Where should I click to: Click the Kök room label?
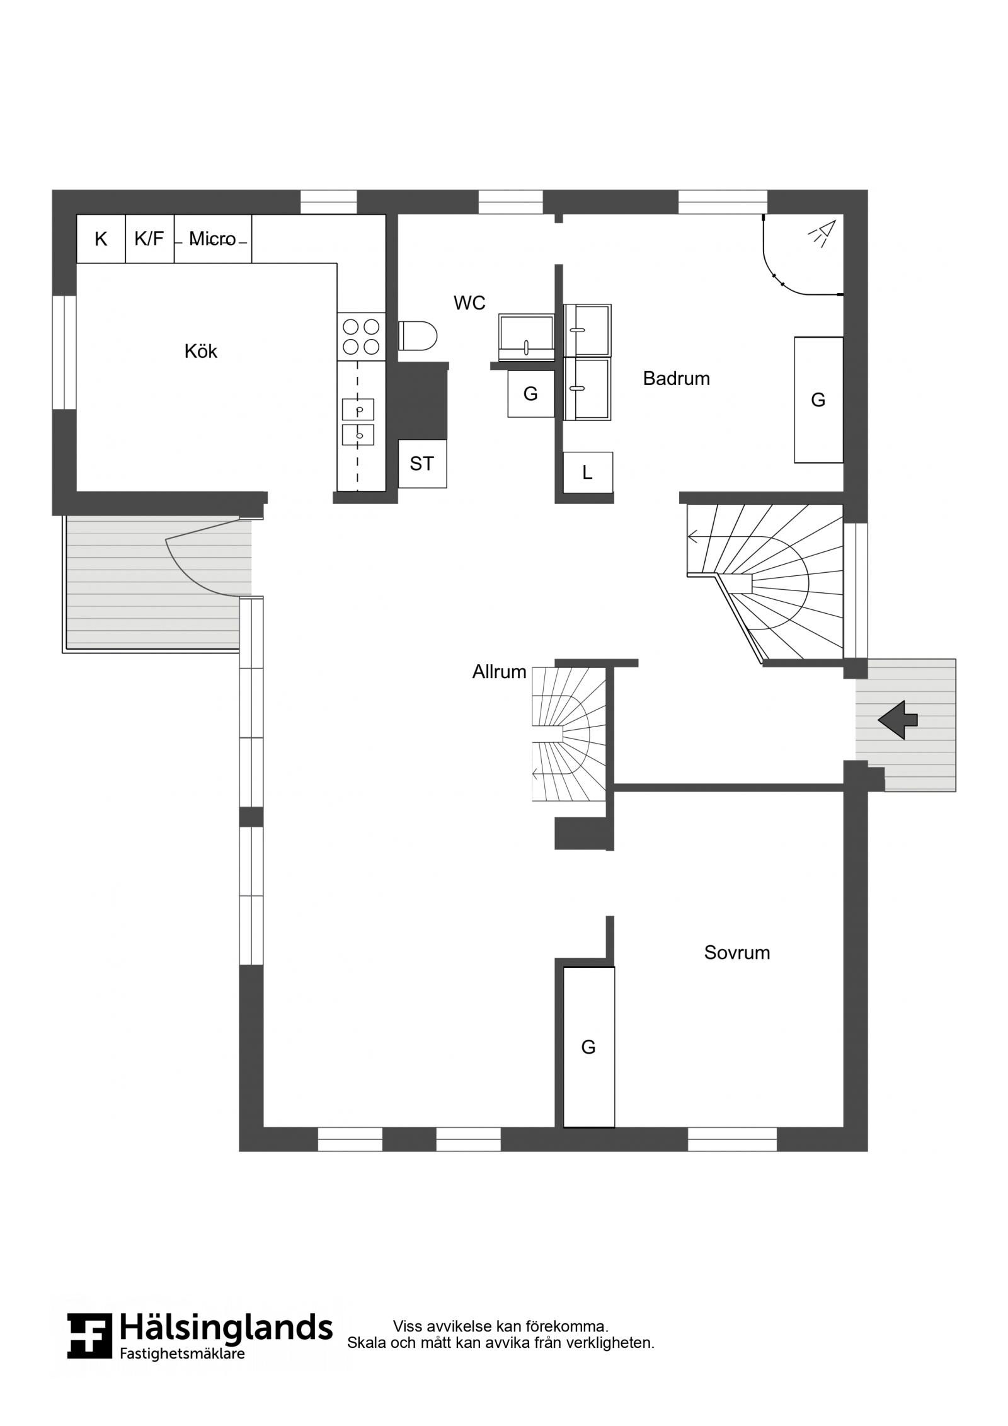point(200,351)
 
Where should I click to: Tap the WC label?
point(469,303)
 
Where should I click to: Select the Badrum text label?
point(676,378)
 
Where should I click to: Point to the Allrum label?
point(499,672)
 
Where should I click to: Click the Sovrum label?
point(736,952)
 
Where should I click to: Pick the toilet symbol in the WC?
point(418,336)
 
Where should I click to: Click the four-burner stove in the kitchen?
point(361,336)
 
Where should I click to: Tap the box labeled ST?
point(422,464)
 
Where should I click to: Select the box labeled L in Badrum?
point(587,473)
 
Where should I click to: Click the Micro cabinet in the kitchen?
point(213,239)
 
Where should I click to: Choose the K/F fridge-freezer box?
point(149,239)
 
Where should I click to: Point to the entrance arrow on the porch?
point(898,720)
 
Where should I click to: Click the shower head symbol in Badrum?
point(822,232)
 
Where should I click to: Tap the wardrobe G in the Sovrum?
point(588,1047)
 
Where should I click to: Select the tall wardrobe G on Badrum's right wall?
point(818,400)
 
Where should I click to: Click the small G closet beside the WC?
point(530,394)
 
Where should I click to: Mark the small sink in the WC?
point(526,337)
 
